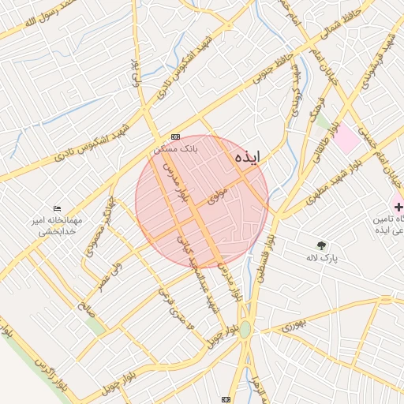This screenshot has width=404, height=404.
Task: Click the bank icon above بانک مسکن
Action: click(x=175, y=137)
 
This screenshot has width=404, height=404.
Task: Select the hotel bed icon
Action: click(x=56, y=208)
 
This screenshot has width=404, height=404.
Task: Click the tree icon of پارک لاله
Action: click(x=320, y=245)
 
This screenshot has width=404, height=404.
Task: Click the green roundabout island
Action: click(x=245, y=330)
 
